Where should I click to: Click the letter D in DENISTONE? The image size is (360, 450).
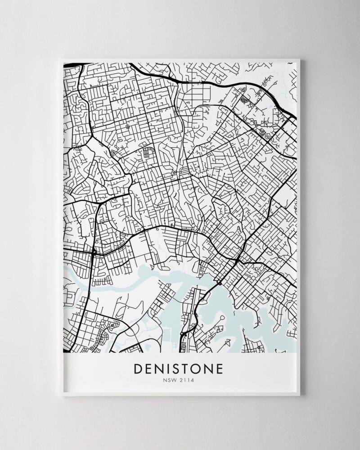[139, 369]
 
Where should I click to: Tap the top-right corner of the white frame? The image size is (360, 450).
[301, 58]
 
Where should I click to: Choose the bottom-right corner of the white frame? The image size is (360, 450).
[301, 396]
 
